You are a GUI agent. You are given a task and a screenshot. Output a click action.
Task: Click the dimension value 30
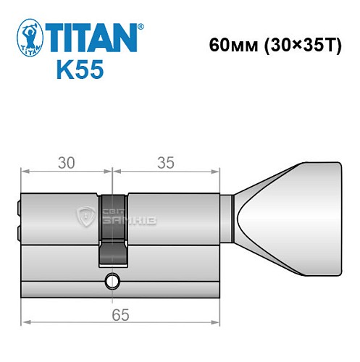click(x=66, y=163)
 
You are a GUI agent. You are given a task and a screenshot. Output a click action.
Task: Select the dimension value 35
click(x=166, y=163)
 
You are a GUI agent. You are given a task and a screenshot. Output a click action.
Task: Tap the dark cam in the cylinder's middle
click(x=112, y=228)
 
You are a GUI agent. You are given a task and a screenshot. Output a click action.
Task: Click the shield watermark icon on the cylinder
click(x=86, y=216)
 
